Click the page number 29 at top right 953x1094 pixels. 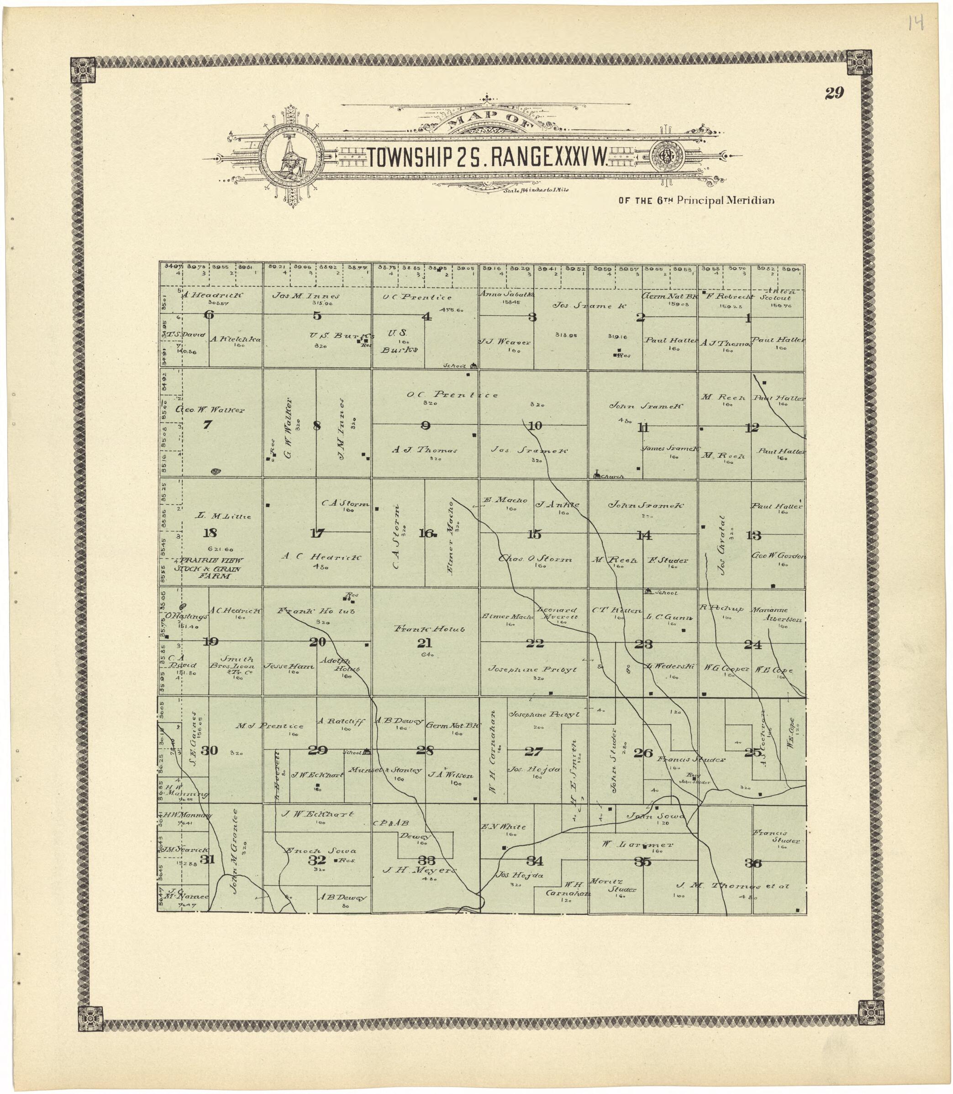pyautogui.click(x=834, y=94)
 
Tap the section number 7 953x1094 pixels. pyautogui.click(x=207, y=424)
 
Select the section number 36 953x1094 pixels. pyautogui.click(x=753, y=863)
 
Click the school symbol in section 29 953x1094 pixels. pyautogui.click(x=366, y=752)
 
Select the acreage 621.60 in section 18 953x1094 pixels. pyautogui.click(x=220, y=550)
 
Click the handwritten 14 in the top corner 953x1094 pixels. pyautogui.click(x=916, y=23)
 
